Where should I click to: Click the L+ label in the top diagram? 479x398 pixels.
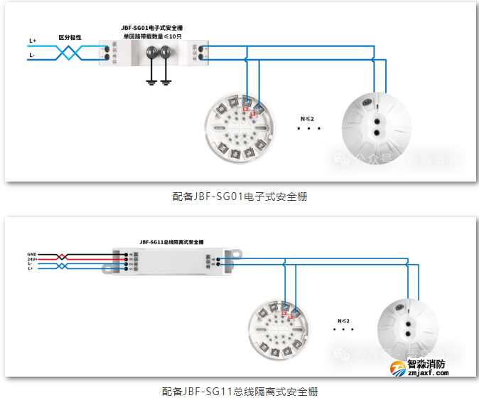[x=33, y=41]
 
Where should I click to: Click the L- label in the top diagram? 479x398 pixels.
[x=33, y=55]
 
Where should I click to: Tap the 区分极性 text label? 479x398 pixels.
[x=70, y=36]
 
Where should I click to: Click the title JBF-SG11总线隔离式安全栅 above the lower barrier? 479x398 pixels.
[x=171, y=242]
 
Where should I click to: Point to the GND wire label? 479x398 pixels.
[x=32, y=253]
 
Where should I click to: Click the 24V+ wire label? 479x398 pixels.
[x=32, y=258]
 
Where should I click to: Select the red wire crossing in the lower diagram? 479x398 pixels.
[x=63, y=256]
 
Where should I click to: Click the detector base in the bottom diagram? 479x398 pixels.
[x=276, y=328]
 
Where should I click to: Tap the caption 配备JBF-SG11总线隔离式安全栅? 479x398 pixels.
[x=239, y=391]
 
